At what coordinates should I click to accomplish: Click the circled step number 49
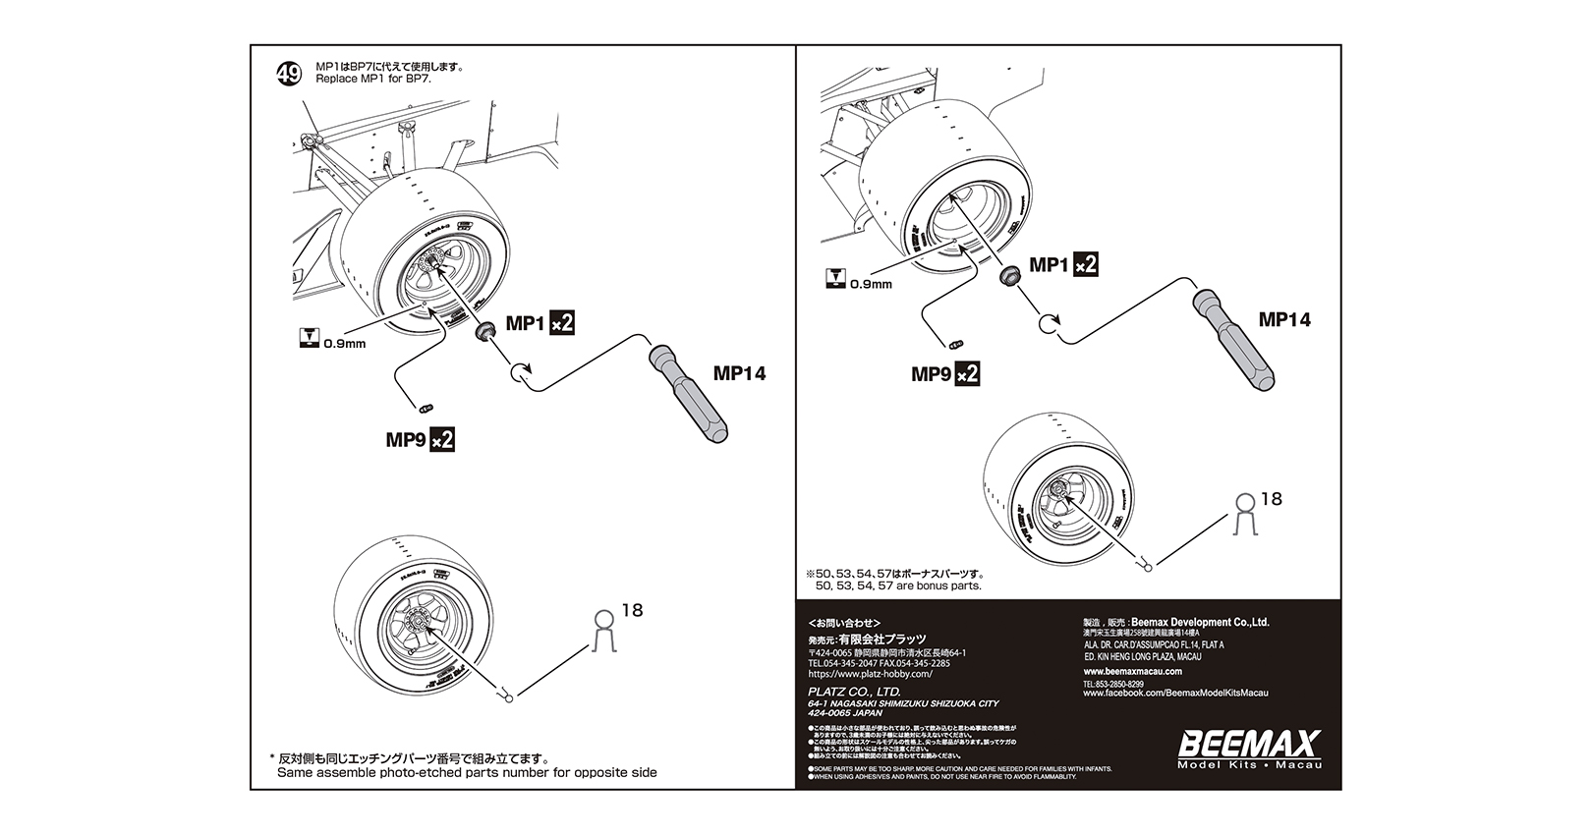point(289,74)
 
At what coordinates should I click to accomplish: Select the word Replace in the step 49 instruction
point(333,79)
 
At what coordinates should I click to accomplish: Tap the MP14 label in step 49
point(739,373)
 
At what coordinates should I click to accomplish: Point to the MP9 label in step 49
point(404,439)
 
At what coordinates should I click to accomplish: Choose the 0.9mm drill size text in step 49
point(344,344)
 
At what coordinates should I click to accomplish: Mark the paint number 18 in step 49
point(632,611)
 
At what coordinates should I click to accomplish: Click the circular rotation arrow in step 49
point(520,372)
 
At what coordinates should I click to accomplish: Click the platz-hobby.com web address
point(870,674)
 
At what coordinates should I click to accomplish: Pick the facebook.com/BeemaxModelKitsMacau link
point(1175,694)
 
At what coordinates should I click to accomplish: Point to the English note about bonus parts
point(898,585)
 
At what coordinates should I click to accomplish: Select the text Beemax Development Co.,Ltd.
point(1200,622)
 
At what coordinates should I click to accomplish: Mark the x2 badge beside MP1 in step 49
point(560,322)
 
